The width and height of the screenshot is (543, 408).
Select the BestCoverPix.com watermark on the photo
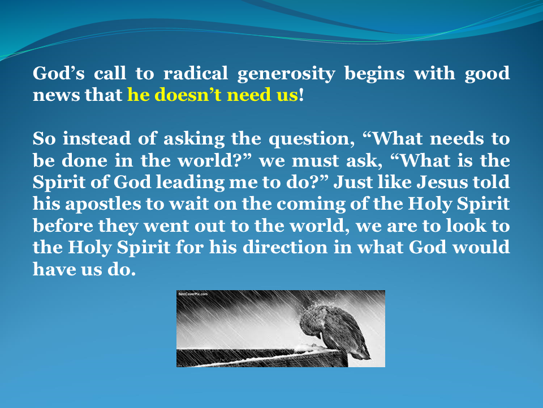click(x=193, y=295)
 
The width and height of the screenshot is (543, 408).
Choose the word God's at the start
click(x=55, y=74)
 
